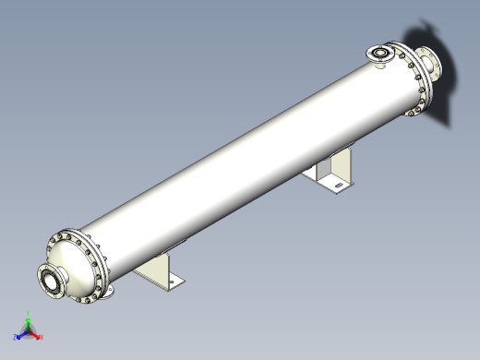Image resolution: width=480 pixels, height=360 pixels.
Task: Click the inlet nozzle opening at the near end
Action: [x=52, y=282]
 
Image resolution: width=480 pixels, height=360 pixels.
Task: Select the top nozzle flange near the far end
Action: [x=379, y=54]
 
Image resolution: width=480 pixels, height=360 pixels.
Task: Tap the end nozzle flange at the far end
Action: [x=430, y=66]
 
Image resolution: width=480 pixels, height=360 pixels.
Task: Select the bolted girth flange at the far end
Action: [x=412, y=81]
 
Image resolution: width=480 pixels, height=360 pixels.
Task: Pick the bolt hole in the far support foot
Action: [x=338, y=189]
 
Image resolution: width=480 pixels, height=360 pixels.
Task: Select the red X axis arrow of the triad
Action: [x=39, y=337]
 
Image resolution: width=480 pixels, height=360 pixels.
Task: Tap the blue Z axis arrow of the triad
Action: [x=19, y=335]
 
